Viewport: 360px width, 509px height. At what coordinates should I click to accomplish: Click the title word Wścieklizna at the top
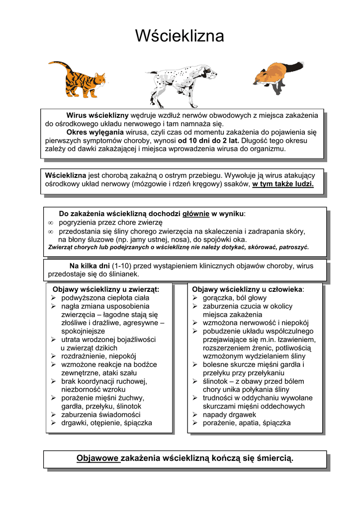180,36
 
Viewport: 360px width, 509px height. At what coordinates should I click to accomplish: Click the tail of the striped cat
59,64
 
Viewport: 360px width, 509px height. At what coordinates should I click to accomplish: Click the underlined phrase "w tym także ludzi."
283,184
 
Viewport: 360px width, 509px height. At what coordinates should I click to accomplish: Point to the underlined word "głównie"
196,214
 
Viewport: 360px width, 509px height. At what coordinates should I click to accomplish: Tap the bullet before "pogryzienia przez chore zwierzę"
50,223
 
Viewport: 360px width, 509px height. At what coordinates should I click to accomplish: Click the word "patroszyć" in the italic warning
294,247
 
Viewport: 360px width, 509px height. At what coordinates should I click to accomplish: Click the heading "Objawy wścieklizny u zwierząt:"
106,289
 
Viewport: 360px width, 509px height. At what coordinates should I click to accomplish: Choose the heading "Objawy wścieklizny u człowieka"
247,289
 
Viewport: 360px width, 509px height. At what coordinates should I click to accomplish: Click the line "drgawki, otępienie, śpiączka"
106,423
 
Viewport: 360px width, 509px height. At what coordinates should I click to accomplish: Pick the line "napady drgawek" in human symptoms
229,415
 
